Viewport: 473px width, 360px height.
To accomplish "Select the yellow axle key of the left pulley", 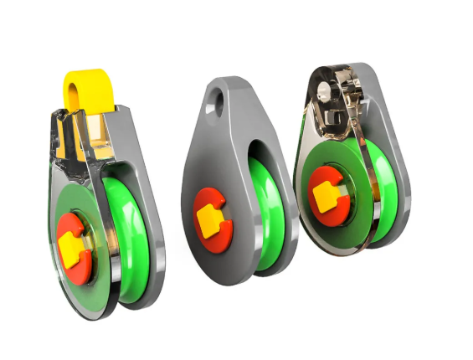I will [x=70, y=243].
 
